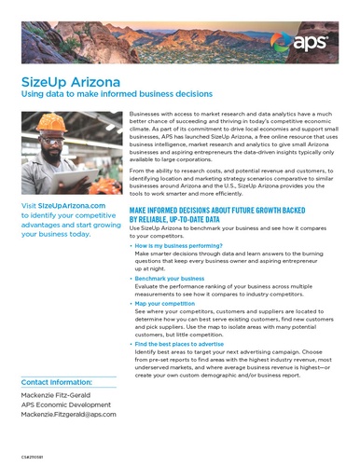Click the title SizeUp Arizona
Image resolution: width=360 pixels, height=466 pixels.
[x=62, y=80]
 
